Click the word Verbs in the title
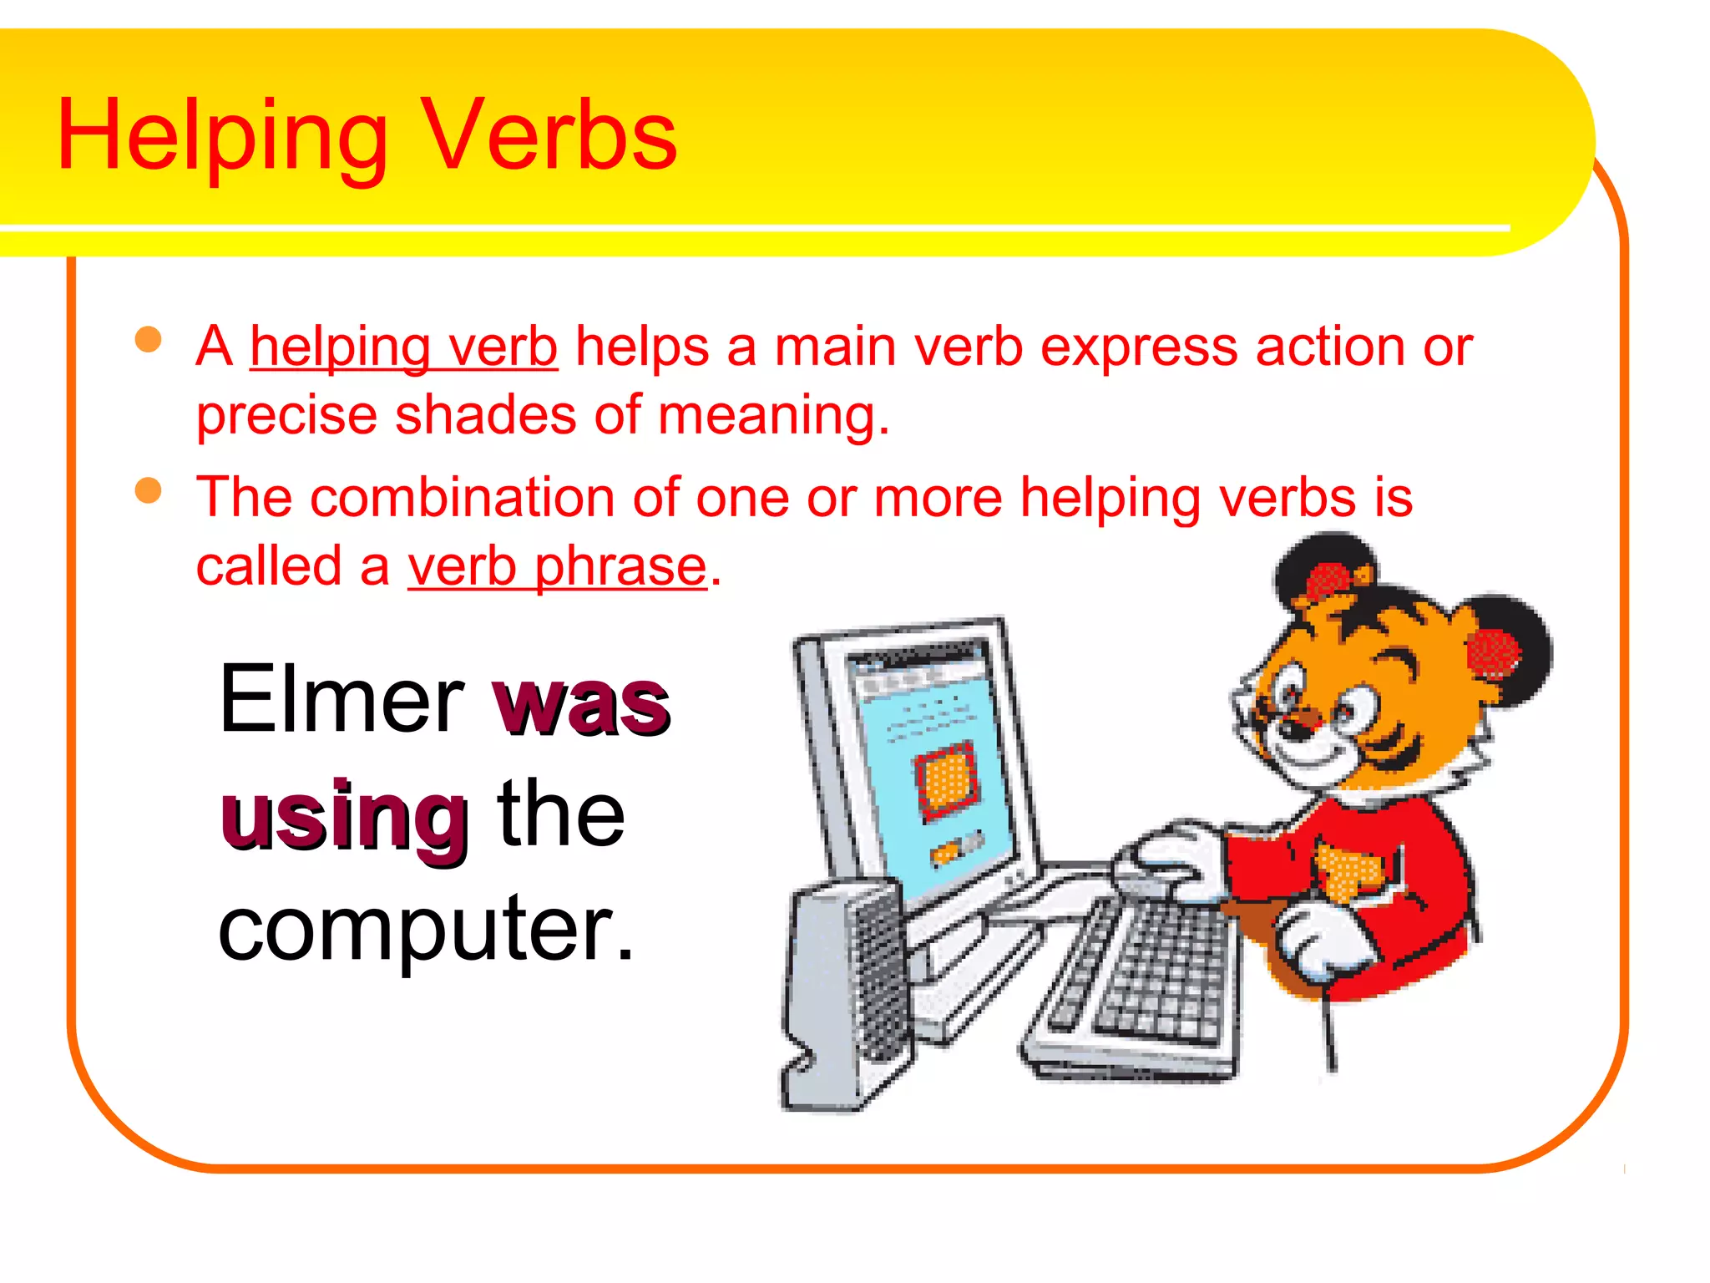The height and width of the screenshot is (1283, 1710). tap(550, 135)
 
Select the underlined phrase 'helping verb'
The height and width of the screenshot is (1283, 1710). tap(403, 347)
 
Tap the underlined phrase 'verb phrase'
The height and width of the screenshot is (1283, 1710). tap(557, 567)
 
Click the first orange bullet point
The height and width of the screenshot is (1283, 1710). tap(148, 340)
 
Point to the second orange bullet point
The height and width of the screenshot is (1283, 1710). tap(148, 490)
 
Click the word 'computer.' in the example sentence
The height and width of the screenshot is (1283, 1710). tap(426, 929)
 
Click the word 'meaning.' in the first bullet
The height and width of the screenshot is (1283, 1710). tap(773, 416)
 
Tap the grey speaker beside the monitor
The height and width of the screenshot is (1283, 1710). tap(843, 994)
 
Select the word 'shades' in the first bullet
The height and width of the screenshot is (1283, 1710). tap(485, 416)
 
